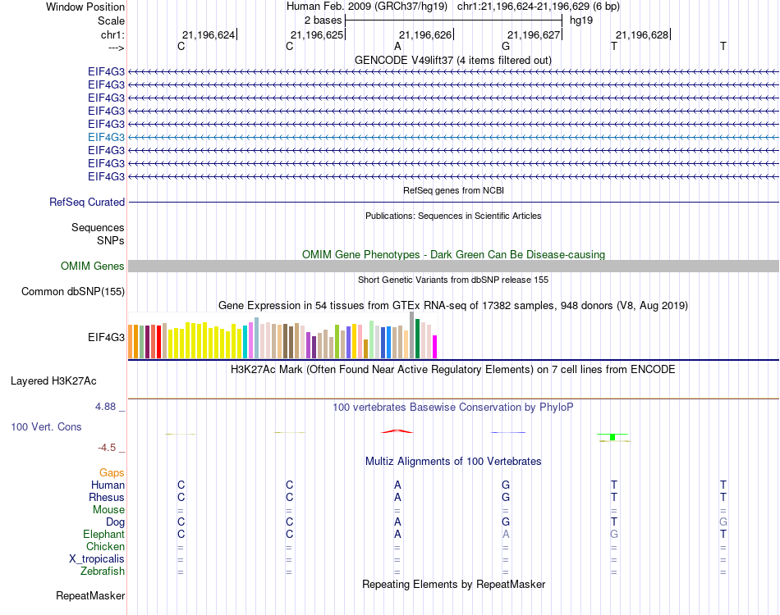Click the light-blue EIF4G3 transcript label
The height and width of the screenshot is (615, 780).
tap(106, 137)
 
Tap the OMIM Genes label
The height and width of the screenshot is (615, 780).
tap(93, 266)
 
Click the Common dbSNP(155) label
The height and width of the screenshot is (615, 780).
tap(73, 291)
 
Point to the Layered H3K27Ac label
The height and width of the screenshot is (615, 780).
tap(53, 380)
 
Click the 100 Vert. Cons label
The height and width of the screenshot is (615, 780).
tap(46, 427)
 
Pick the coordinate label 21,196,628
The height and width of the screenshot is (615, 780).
tap(642, 34)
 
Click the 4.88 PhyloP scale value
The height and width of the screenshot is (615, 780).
tap(108, 407)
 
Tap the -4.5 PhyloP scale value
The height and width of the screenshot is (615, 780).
tap(108, 448)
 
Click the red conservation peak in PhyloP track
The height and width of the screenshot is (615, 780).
tap(397, 430)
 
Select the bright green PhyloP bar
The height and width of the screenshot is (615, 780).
tap(613, 437)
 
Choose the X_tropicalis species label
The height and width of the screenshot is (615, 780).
tap(97, 558)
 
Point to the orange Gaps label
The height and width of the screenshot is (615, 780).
tap(112, 472)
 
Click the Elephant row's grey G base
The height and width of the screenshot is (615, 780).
tap(614, 534)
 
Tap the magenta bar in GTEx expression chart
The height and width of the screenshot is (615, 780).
tap(435, 347)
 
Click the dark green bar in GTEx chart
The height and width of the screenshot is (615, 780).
tap(418, 339)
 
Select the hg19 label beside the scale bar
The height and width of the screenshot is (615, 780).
tap(581, 19)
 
